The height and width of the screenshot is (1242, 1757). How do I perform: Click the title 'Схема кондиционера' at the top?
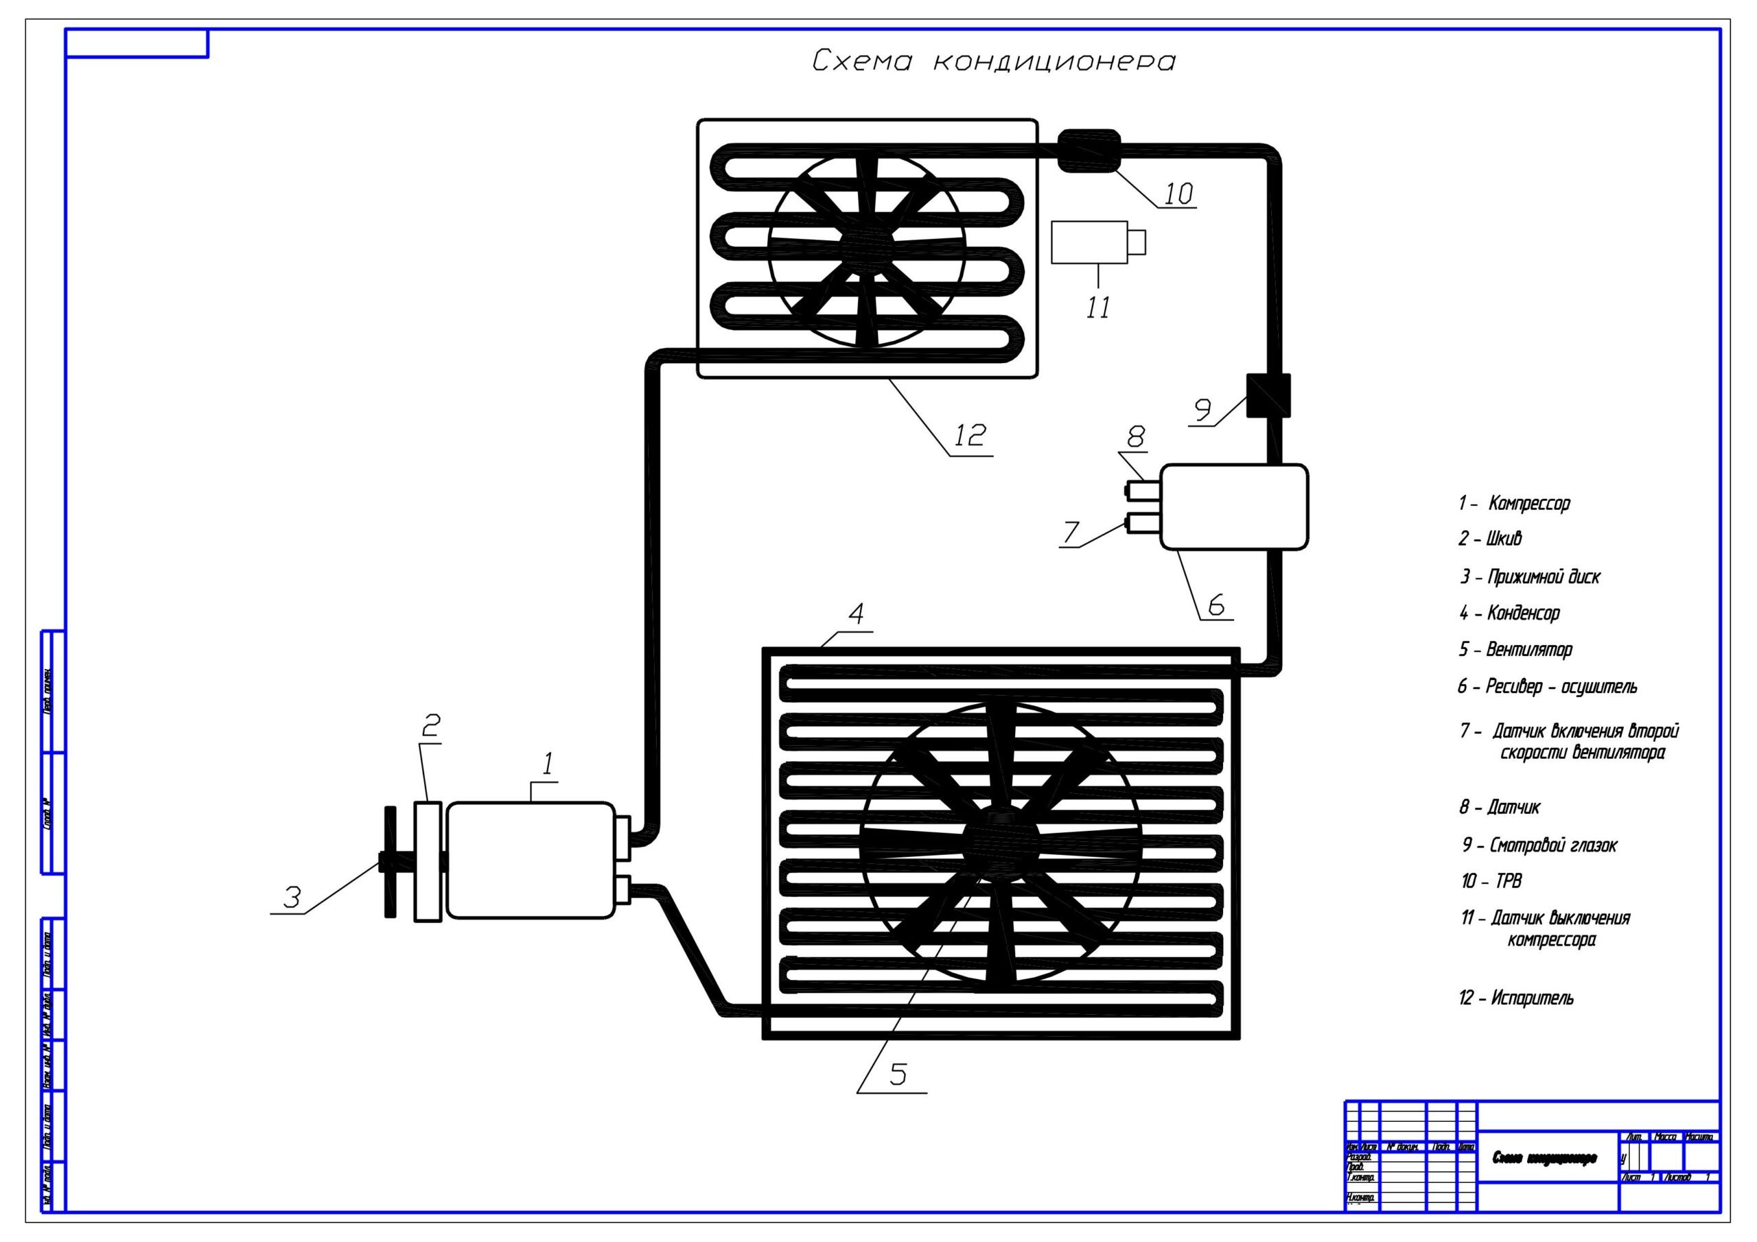click(992, 61)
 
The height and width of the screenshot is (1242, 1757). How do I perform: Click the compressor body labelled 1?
click(531, 859)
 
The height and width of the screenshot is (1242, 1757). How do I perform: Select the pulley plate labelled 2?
click(428, 861)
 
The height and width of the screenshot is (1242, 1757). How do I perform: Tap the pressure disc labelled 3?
click(391, 862)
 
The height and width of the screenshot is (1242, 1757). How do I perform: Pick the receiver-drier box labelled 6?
click(1233, 506)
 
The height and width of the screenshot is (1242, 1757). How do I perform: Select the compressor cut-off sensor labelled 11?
click(1090, 243)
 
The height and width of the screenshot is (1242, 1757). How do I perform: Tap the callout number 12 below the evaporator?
click(970, 436)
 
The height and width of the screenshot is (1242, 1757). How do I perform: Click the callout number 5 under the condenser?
click(898, 1075)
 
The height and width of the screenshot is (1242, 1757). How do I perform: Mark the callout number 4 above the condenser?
click(857, 613)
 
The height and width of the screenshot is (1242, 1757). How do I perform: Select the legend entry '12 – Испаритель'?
click(1516, 998)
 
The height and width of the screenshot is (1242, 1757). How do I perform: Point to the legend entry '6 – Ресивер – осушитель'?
click(1546, 686)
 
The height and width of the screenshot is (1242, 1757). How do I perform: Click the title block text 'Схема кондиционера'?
click(1544, 1158)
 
